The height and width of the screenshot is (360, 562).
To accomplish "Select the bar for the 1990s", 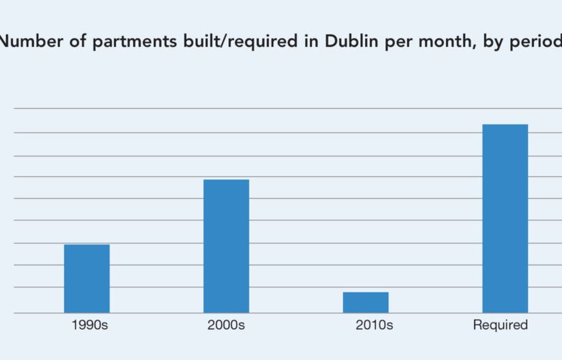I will point(86,279).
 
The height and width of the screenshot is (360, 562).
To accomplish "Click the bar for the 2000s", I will point(226,246).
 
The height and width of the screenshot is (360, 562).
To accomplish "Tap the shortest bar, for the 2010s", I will point(365,302).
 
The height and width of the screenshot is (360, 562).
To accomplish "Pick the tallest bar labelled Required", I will point(505,219).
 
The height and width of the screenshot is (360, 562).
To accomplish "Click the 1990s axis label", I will point(89,325).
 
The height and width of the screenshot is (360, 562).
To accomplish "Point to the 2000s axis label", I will point(226,325).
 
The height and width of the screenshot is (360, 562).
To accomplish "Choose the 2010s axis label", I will point(374,325).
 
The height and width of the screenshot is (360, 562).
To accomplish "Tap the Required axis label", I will point(500,325).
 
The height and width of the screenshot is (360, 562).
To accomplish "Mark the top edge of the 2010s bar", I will point(365,292).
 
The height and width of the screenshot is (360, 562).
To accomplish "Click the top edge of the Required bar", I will point(505,125).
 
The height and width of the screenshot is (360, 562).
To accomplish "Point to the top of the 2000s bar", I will point(226,180).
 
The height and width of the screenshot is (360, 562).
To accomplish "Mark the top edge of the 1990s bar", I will point(86,245).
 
